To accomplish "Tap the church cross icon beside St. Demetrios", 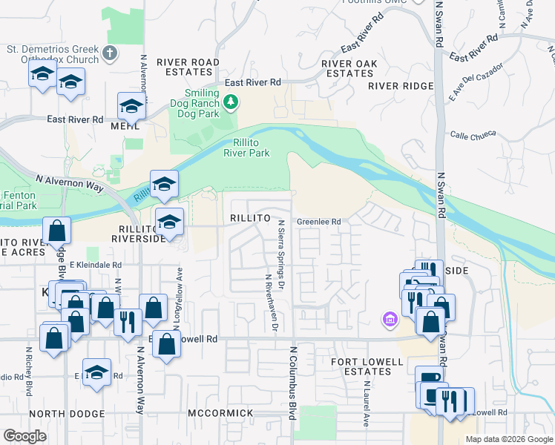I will coord(110,53).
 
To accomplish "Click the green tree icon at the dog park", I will coord(231,102).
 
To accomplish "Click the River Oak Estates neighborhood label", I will coord(349,68).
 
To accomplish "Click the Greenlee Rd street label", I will coord(319,221).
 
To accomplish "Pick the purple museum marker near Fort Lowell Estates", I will coord(390,320).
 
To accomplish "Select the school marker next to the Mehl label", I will coord(131,107).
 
